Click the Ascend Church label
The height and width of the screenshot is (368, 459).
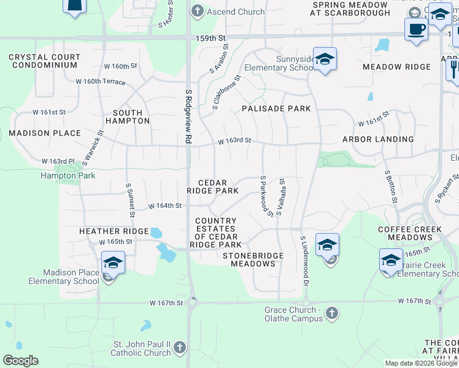click(x=236, y=12)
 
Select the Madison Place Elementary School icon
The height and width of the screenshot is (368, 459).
click(x=113, y=264)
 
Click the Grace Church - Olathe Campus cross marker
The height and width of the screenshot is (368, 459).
click(x=331, y=313)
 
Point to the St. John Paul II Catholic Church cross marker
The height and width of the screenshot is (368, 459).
click(x=179, y=348)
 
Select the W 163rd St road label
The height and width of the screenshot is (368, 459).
click(x=234, y=140)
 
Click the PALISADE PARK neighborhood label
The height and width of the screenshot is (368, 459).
click(x=276, y=109)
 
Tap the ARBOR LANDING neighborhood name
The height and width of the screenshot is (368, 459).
click(x=377, y=139)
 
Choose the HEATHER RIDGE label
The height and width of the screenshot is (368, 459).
click(x=114, y=231)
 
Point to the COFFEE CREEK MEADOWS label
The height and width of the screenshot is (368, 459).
click(x=409, y=233)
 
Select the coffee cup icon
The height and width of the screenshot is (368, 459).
click(x=416, y=29)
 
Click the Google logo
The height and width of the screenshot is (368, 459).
click(x=20, y=361)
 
